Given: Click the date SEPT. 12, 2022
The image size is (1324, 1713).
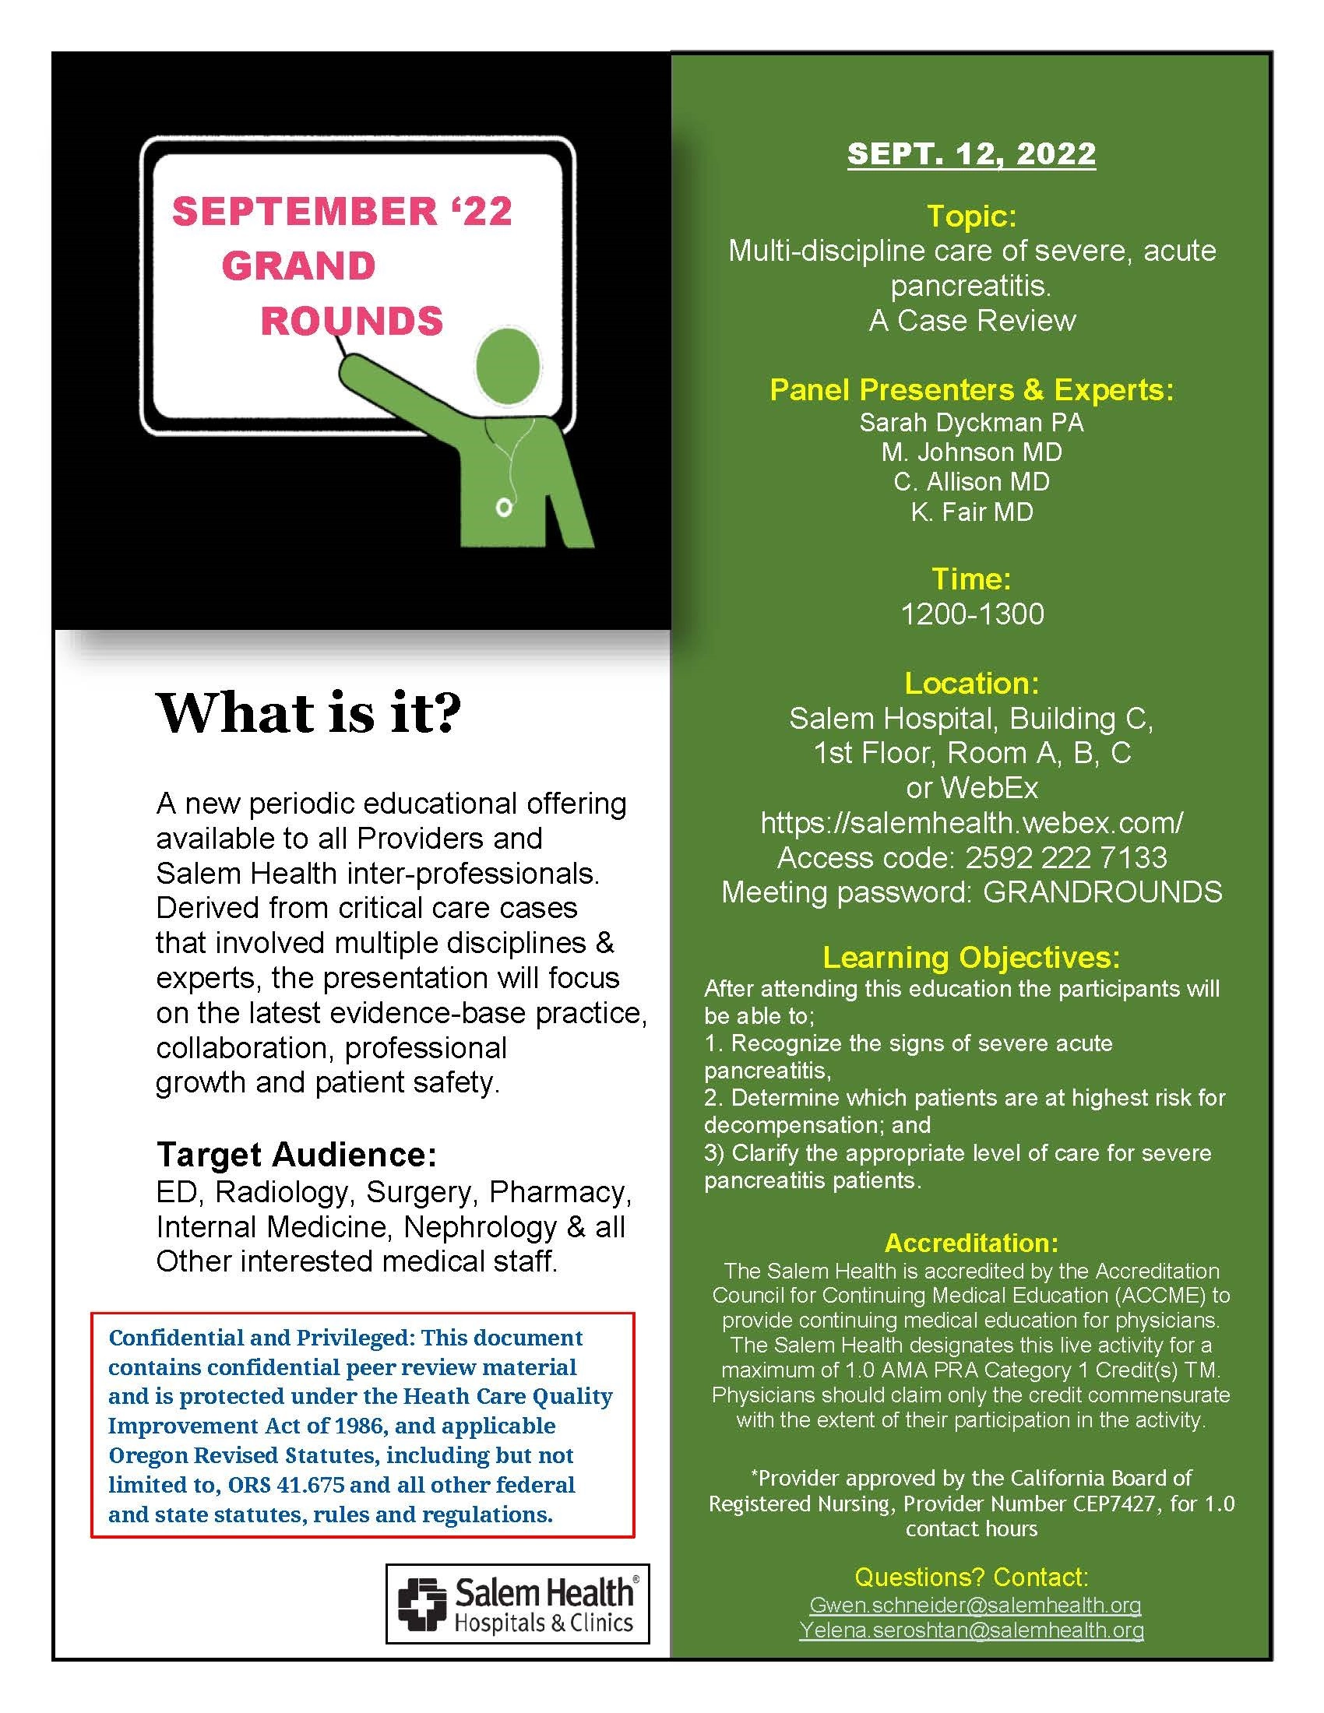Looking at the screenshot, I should [971, 153].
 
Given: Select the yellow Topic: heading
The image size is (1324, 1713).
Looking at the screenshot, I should [971, 216].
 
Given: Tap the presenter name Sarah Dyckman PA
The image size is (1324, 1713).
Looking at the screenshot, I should [971, 423].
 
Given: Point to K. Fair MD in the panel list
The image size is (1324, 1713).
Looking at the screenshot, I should [971, 512].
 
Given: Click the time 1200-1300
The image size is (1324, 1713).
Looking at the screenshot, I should [972, 614].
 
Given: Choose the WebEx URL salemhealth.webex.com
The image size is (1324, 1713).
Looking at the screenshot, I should [972, 822].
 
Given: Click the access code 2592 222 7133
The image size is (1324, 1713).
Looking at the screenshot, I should [1065, 857].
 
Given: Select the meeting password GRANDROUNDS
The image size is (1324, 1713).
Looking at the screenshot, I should [1102, 892].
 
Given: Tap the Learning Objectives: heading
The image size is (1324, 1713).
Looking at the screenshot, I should [971, 957].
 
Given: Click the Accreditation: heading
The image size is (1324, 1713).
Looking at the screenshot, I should [971, 1243].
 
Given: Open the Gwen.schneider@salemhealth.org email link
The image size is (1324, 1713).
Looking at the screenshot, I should [975, 1605].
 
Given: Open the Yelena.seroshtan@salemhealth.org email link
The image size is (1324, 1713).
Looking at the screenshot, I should [971, 1630].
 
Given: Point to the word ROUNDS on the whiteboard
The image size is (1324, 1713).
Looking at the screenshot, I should [351, 321].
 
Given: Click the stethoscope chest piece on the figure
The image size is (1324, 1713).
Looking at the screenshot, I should [504, 509].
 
